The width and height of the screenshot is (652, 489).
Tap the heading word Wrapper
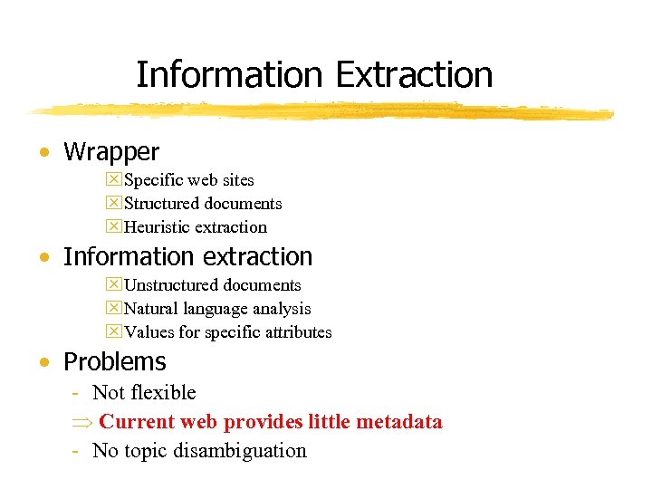click(110, 152)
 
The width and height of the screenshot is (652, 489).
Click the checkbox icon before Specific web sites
click(113, 180)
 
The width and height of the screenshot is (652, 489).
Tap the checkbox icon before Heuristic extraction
click(113, 227)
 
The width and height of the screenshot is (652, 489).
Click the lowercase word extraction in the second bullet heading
click(254, 257)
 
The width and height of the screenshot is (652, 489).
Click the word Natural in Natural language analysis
click(151, 309)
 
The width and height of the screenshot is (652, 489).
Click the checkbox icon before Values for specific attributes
click(113, 332)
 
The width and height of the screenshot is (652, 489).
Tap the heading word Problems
click(114, 362)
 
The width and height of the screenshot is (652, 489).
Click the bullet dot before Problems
click(44, 362)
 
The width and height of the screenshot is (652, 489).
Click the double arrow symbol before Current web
click(80, 422)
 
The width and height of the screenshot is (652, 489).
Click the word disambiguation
click(236, 450)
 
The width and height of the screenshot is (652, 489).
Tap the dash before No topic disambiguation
click(79, 450)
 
